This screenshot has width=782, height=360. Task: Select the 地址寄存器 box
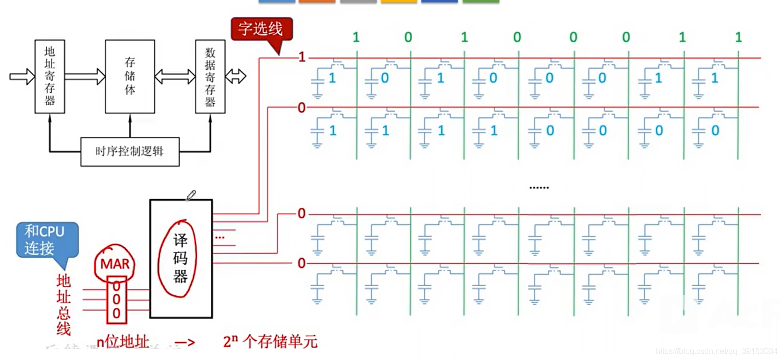tap(50, 77)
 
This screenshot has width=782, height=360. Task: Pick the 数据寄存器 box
tap(210, 77)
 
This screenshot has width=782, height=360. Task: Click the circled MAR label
tap(114, 264)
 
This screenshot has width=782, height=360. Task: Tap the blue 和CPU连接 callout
tap(47, 240)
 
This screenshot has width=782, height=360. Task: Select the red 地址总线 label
tap(64, 304)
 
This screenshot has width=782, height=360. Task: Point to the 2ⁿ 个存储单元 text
tap(270, 342)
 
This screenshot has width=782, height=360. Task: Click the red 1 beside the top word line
tap(301, 58)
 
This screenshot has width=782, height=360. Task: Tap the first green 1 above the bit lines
tap(356, 37)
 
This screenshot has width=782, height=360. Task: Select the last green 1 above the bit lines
tap(738, 37)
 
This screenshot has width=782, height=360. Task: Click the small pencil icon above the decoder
tap(190, 195)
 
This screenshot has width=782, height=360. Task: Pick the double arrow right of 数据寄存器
tap(235, 76)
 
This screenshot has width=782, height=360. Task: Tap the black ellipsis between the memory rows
tap(539, 188)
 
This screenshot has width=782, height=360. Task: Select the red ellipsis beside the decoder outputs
tap(220, 237)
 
